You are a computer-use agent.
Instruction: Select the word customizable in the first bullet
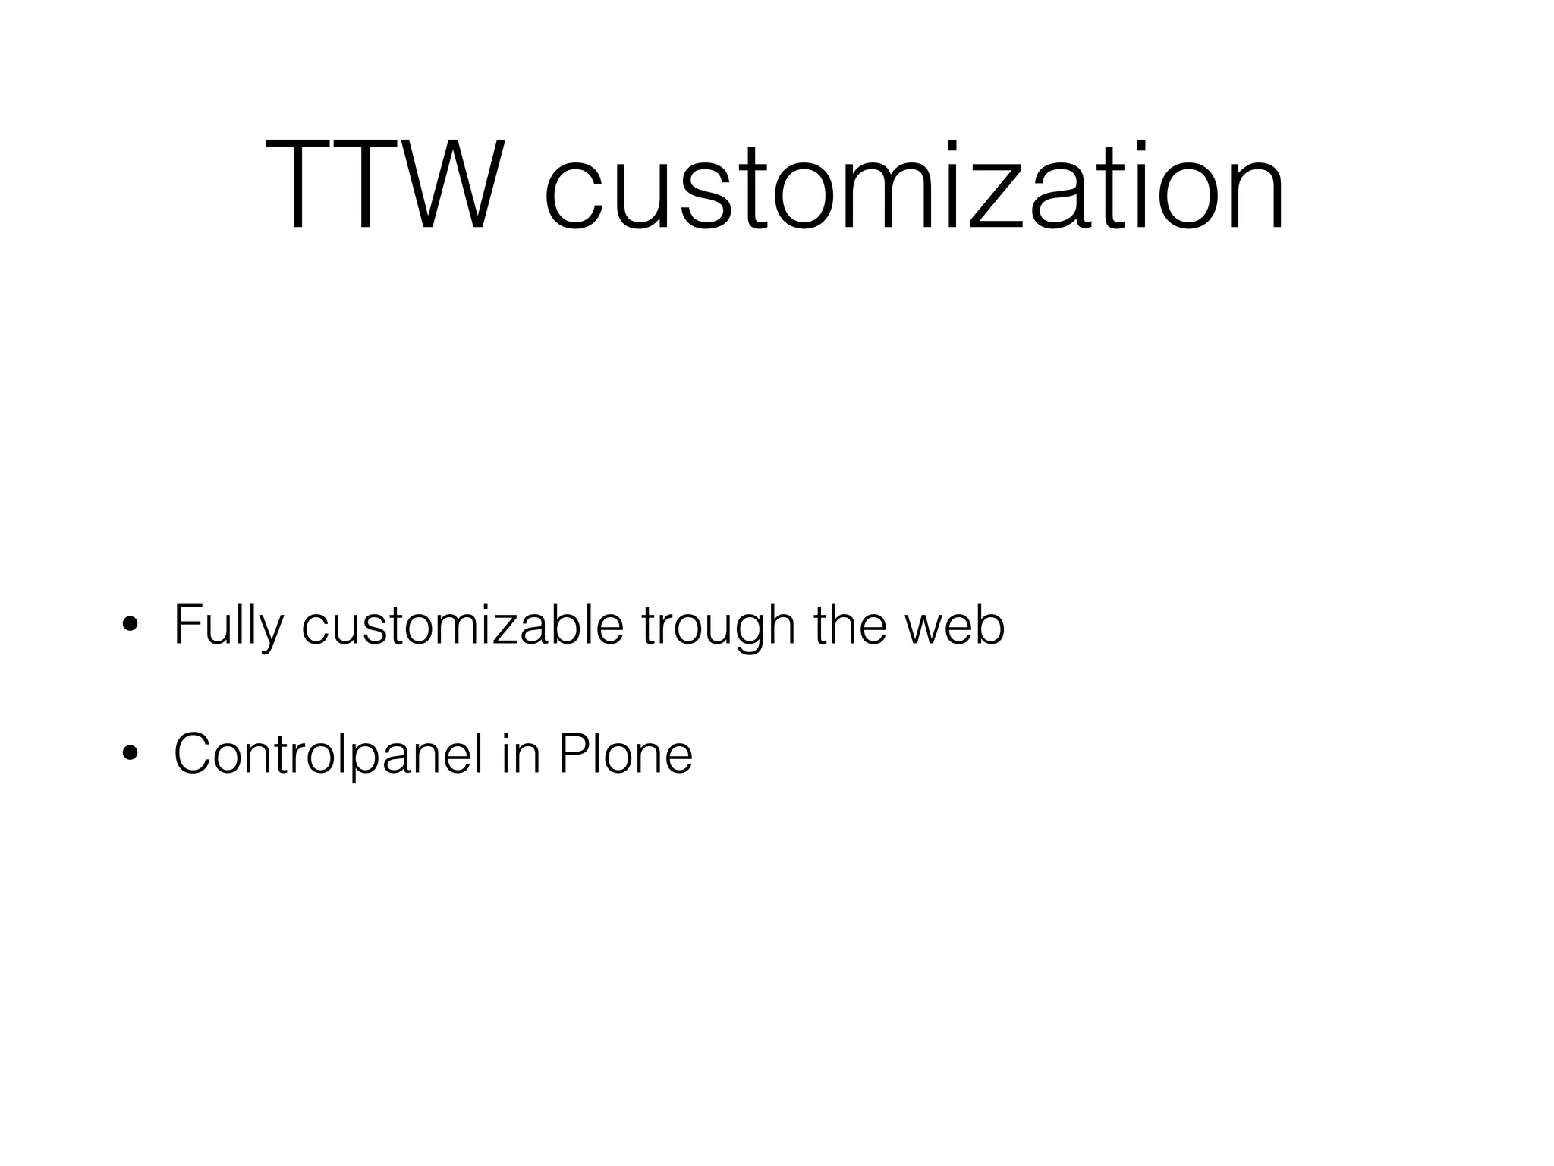(x=462, y=626)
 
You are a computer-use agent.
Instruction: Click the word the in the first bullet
(x=849, y=626)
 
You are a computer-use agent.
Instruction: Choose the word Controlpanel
(x=328, y=754)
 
